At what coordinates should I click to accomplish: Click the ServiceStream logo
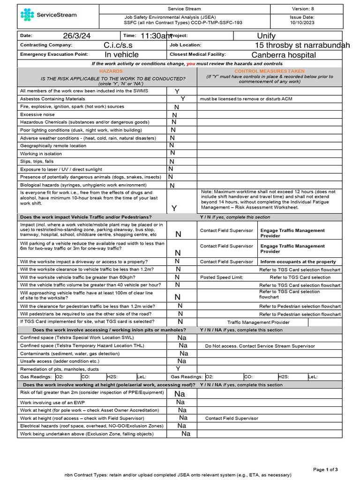click(x=49, y=15)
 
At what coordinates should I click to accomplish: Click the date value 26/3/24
click(x=78, y=36)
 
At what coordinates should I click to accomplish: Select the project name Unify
click(x=266, y=36)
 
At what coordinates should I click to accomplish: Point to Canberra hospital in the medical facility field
click(x=284, y=55)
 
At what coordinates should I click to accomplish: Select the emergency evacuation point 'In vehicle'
click(x=121, y=55)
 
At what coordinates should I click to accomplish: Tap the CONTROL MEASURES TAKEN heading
click(x=269, y=71)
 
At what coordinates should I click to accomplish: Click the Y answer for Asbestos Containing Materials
click(x=183, y=99)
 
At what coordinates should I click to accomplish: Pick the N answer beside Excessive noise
click(x=175, y=115)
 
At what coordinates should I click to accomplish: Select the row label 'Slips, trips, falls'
click(x=37, y=161)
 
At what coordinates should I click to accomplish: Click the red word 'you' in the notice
click(x=191, y=63)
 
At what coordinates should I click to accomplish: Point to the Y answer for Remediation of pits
click(x=178, y=369)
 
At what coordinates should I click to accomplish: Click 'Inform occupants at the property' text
click(x=298, y=262)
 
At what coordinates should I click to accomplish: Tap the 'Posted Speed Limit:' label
click(x=221, y=277)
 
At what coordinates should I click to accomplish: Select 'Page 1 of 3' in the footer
click(x=325, y=469)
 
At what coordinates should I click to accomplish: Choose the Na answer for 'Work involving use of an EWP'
click(x=180, y=402)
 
